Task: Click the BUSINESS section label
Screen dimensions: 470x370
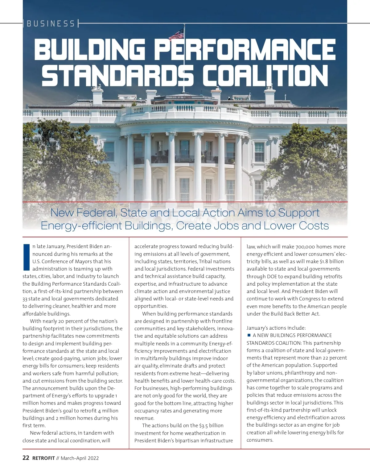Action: [51, 24]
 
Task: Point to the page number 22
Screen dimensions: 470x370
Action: [26, 458]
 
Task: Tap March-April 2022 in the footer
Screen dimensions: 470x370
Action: [80, 458]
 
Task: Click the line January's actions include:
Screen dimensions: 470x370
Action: [276, 328]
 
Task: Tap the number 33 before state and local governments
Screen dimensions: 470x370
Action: [25, 299]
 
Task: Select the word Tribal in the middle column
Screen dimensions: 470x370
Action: [206, 261]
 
